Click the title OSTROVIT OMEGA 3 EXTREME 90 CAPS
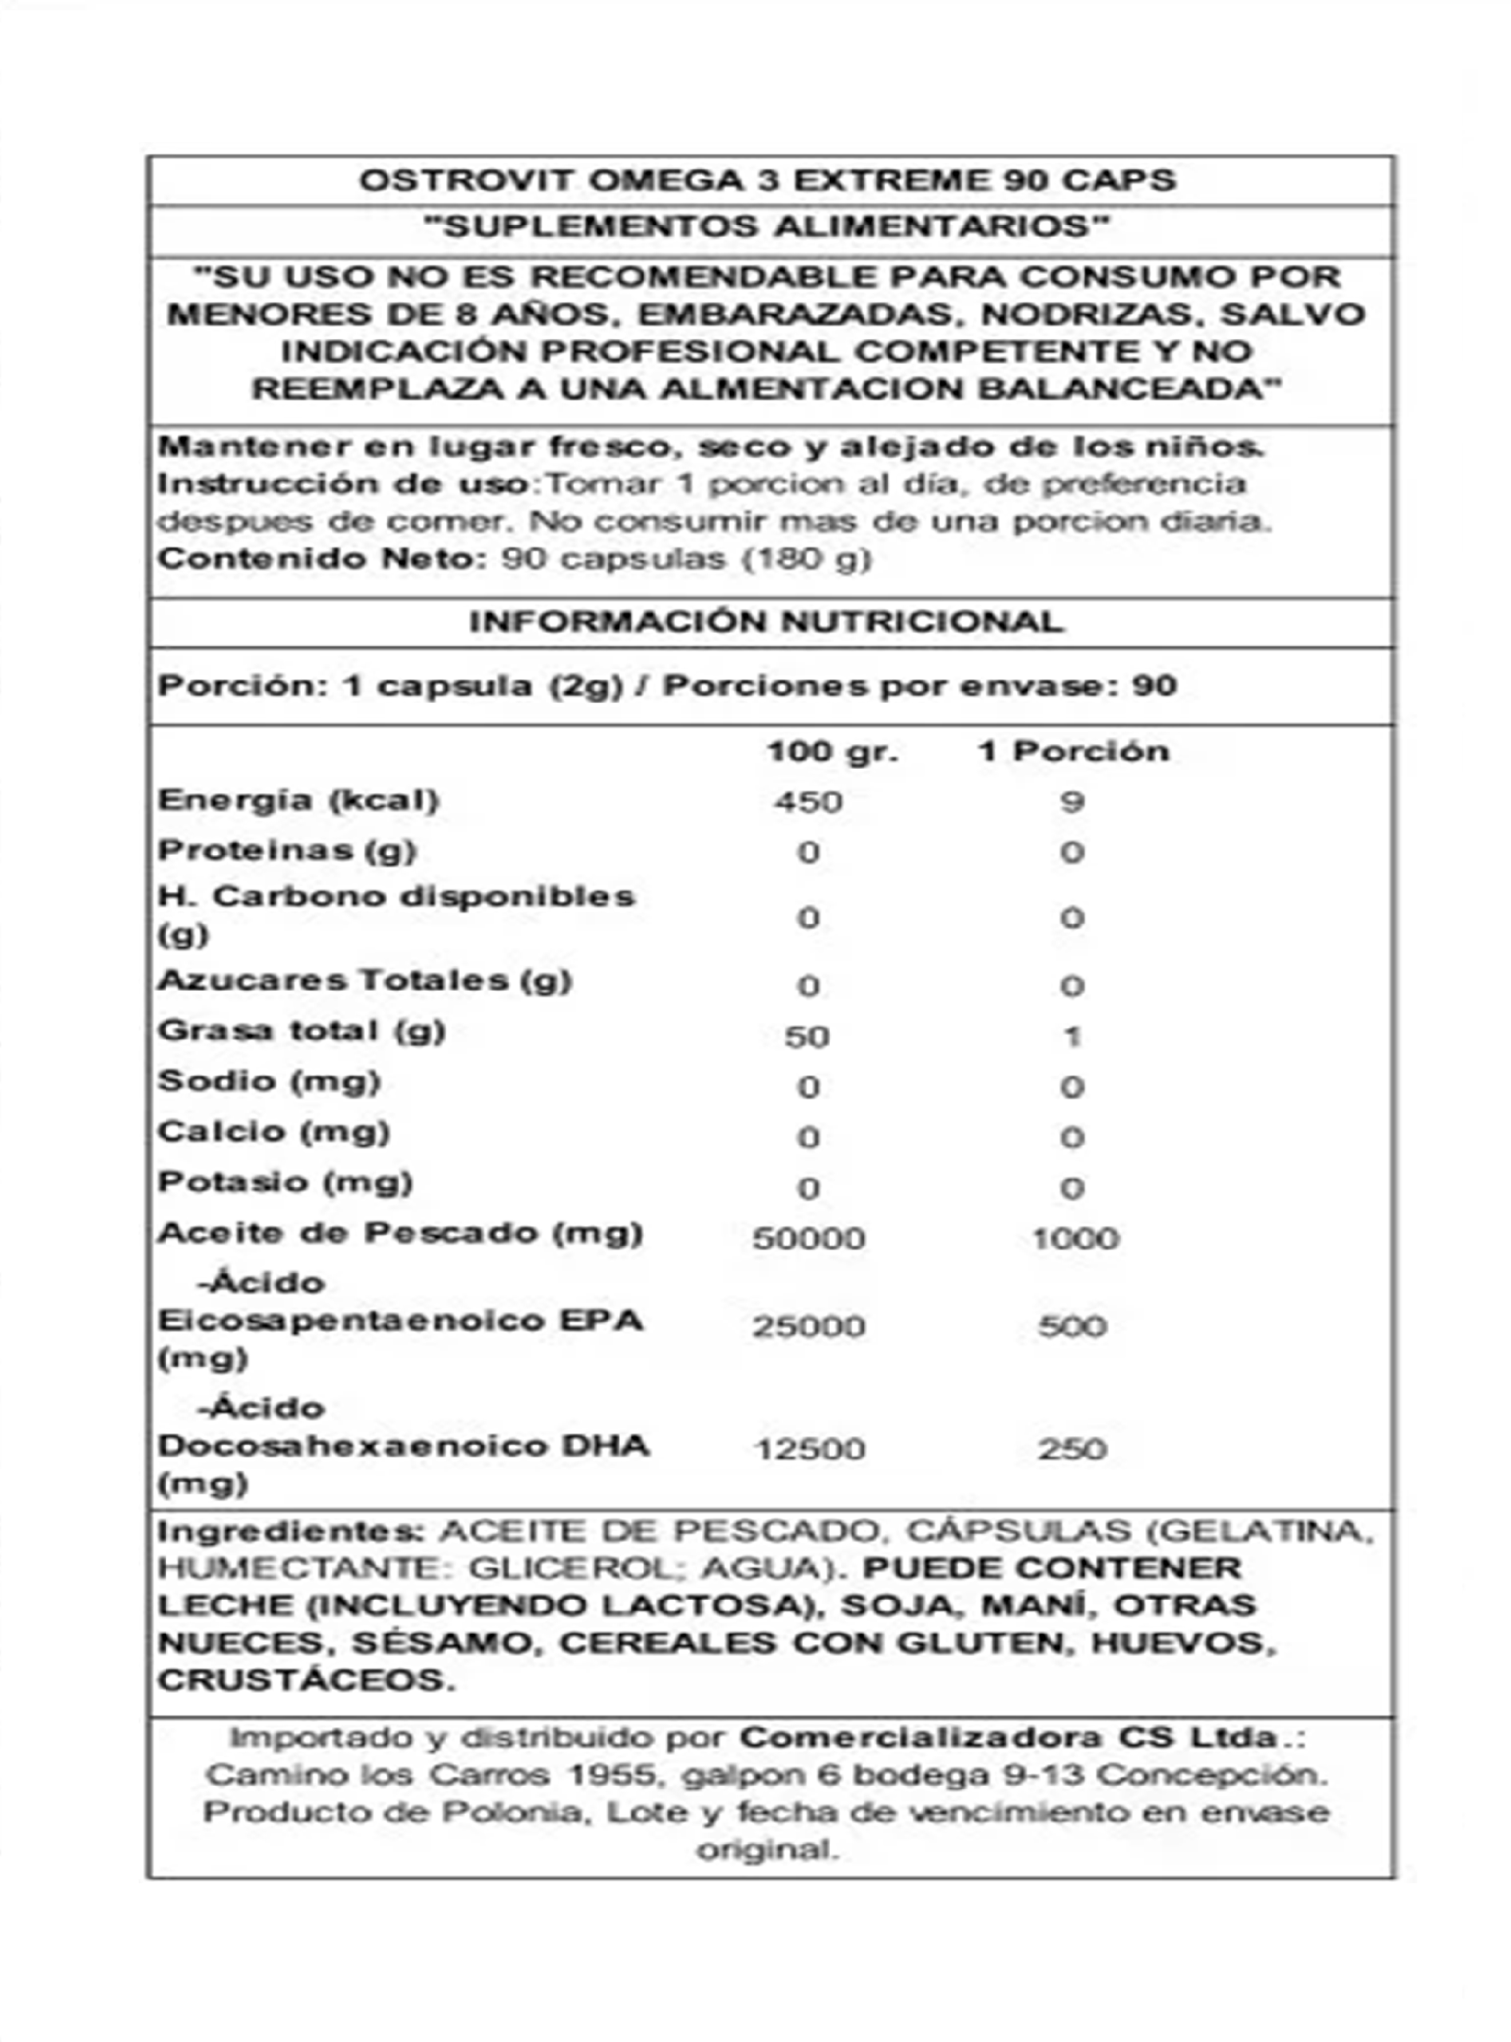[x=767, y=180]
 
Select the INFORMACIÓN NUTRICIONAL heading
[x=767, y=622]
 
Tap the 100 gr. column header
[x=832, y=751]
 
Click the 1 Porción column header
[x=1073, y=751]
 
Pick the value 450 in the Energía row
[x=807, y=802]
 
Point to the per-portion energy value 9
[x=1072, y=802]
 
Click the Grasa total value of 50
[x=807, y=1036]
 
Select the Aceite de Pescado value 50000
[x=808, y=1238]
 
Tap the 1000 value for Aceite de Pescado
[x=1075, y=1238]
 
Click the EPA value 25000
[x=808, y=1326]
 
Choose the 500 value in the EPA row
[x=1072, y=1326]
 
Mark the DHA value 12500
[x=808, y=1449]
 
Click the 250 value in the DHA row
[x=1072, y=1449]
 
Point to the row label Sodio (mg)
[x=269, y=1082]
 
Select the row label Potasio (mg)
[x=286, y=1182]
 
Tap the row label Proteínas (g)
[x=287, y=850]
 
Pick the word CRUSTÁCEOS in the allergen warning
[x=305, y=1680]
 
